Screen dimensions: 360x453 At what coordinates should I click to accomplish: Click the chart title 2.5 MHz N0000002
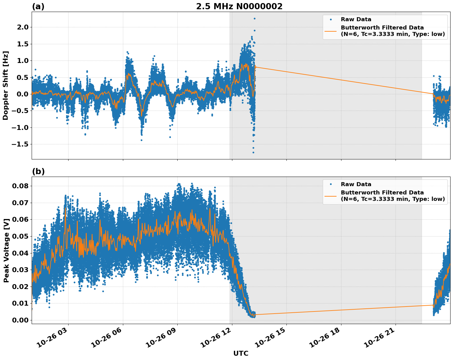point(239,6)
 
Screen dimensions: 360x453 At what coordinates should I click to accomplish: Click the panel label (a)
point(38,6)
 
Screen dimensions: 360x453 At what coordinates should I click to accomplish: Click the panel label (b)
point(38,171)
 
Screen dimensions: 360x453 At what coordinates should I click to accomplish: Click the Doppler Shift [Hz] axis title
point(6,85)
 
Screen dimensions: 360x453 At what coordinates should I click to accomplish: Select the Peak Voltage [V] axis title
point(6,250)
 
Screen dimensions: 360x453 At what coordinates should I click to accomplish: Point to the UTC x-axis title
point(241,353)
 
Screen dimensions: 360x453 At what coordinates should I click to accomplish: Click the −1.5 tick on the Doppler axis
point(20,144)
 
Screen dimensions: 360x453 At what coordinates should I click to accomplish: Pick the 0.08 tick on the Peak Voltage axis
point(20,186)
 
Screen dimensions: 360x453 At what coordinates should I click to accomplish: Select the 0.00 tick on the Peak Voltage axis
point(20,320)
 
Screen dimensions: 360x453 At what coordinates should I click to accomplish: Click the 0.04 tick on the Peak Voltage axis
point(20,253)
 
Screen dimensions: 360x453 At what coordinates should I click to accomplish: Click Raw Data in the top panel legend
point(356,20)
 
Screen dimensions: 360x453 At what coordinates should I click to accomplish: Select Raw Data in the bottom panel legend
point(356,184)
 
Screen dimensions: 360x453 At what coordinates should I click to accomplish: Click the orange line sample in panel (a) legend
point(330,31)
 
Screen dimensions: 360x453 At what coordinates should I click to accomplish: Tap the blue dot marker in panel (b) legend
point(330,184)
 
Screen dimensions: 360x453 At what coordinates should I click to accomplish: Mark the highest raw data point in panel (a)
point(254,18)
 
